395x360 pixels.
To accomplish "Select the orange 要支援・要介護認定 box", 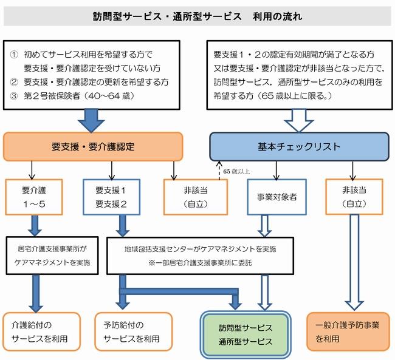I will point(94,146).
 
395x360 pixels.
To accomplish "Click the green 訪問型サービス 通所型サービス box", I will point(246,334).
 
